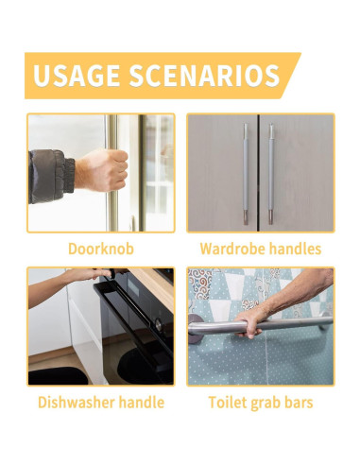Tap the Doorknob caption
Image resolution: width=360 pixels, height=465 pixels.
point(100,250)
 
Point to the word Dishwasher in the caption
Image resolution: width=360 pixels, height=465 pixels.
point(76,403)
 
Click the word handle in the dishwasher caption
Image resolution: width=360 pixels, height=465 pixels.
point(141,403)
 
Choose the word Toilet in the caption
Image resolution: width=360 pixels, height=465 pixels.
point(229,403)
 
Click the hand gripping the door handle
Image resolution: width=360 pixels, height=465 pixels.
point(103,171)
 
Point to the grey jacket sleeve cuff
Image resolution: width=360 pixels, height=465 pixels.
point(66,175)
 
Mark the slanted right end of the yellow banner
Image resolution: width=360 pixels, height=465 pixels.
point(290,76)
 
